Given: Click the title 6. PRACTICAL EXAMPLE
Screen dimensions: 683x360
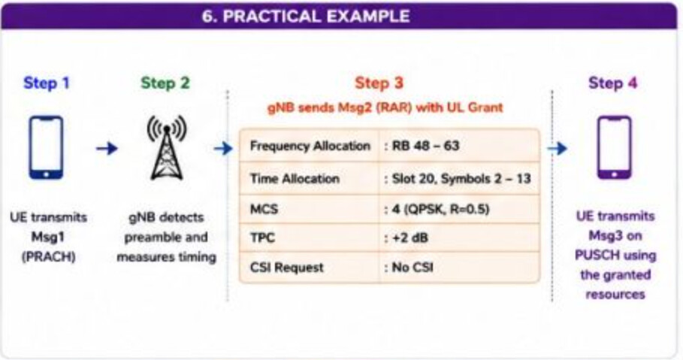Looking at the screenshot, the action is coord(306,16).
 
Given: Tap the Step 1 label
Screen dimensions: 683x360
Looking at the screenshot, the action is coord(47,83).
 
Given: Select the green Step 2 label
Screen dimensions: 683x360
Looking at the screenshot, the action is coord(165,83).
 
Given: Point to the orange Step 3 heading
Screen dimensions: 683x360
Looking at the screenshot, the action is coord(379,83).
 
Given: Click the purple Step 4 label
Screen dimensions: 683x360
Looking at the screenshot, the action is coord(613,83).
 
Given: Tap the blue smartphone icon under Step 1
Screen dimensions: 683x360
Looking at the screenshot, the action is coord(46,147).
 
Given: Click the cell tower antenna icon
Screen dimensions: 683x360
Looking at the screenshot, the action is coord(166,147).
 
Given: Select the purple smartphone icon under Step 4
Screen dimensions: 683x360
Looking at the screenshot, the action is coord(614,147).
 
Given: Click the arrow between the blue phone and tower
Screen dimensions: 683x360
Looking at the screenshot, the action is coord(107,148).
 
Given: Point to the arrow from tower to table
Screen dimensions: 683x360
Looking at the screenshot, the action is coord(223,148).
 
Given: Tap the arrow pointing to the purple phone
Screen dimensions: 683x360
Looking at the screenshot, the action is coord(557,148).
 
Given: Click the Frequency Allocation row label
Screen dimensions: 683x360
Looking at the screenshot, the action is coord(310,146).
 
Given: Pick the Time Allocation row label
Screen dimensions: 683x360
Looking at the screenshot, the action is coord(295,178).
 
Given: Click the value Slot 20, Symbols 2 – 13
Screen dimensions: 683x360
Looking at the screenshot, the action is coord(461,178).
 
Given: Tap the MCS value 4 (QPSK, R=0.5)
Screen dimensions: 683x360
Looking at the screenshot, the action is coord(440,209).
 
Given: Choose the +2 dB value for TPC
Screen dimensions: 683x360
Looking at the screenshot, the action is coord(410,238).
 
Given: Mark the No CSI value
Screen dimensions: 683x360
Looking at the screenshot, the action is coord(413,267).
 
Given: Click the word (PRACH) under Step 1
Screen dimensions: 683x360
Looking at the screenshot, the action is coord(48,257).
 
